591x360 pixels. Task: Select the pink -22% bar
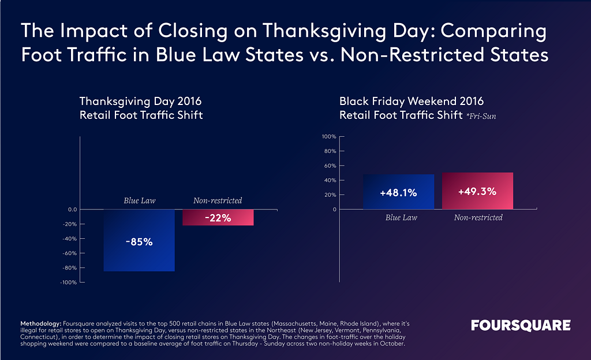tap(218, 217)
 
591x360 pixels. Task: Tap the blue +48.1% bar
tap(398, 192)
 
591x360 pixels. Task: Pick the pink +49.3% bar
tap(477, 191)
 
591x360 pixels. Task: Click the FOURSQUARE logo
tap(521, 325)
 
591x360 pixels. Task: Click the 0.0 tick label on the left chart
tap(72, 209)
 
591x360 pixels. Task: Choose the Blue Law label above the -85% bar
tap(139, 201)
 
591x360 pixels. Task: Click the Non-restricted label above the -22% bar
tap(218, 201)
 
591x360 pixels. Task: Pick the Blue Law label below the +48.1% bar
tap(401, 217)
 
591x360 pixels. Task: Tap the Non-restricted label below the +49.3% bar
tap(478, 217)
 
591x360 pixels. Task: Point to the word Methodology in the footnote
tap(42, 320)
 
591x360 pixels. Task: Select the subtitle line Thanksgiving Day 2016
tap(140, 102)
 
